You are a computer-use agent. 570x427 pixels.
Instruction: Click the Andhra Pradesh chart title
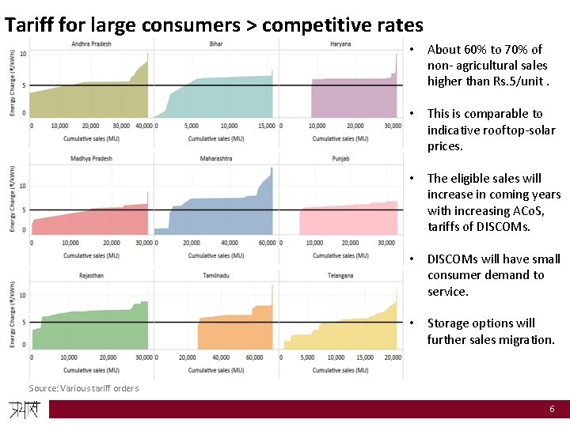91,43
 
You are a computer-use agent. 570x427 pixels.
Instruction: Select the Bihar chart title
215,43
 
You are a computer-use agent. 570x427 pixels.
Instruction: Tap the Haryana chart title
340,43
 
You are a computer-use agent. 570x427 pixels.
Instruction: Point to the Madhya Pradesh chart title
91,158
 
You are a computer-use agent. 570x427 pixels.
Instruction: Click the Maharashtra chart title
215,158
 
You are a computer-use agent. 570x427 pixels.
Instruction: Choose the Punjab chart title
340,158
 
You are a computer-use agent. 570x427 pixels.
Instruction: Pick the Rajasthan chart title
91,275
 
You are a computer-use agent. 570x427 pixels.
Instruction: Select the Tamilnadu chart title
215,275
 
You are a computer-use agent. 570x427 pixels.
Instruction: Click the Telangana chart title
340,275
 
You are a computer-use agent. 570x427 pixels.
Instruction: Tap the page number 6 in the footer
553,409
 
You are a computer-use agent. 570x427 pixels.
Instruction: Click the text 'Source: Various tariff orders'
83,387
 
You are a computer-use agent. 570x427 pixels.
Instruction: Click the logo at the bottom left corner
24,410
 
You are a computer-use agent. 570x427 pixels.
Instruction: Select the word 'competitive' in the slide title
309,25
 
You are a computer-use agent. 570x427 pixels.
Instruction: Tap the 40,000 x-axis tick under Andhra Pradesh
144,126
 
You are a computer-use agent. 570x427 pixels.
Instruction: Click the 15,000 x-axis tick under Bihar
266,126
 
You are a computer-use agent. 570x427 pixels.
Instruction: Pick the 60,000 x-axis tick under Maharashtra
266,243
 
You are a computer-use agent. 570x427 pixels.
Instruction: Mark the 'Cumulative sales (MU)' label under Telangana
340,370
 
